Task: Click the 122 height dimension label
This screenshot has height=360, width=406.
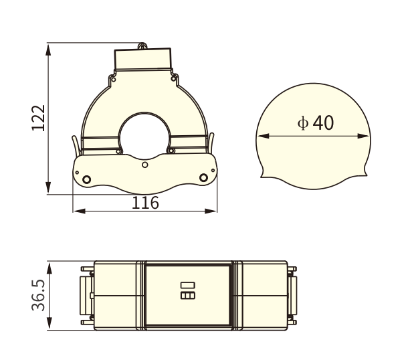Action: (x=38, y=118)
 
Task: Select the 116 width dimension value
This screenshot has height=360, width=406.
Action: (x=145, y=202)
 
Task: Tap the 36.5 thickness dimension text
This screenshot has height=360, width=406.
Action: (x=38, y=295)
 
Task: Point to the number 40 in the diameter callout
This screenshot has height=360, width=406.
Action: (x=322, y=122)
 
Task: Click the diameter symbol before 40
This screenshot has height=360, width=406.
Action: (x=302, y=123)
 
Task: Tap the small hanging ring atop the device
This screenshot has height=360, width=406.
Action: (x=142, y=46)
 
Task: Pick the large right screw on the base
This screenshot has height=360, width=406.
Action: (x=205, y=177)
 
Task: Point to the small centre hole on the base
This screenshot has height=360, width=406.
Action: (x=145, y=163)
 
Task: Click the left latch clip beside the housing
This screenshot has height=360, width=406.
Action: (x=74, y=145)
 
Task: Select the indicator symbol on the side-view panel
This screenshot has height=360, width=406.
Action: (x=187, y=291)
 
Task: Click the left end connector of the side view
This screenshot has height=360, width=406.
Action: (x=86, y=295)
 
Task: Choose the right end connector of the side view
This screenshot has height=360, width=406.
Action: (x=293, y=295)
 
